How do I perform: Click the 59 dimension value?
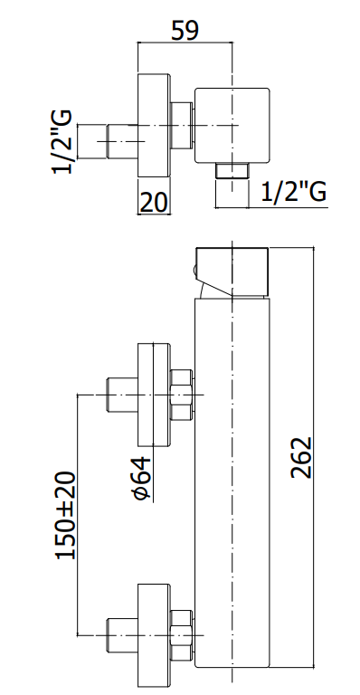185,31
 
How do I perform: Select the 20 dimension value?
154,202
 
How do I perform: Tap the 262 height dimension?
301,457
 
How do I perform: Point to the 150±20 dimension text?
65,516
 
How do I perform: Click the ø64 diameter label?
142,479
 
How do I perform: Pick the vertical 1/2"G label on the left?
62,142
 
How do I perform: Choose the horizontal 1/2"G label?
294,192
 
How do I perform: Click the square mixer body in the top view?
232,125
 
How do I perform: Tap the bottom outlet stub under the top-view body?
232,171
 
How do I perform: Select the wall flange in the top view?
154,126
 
